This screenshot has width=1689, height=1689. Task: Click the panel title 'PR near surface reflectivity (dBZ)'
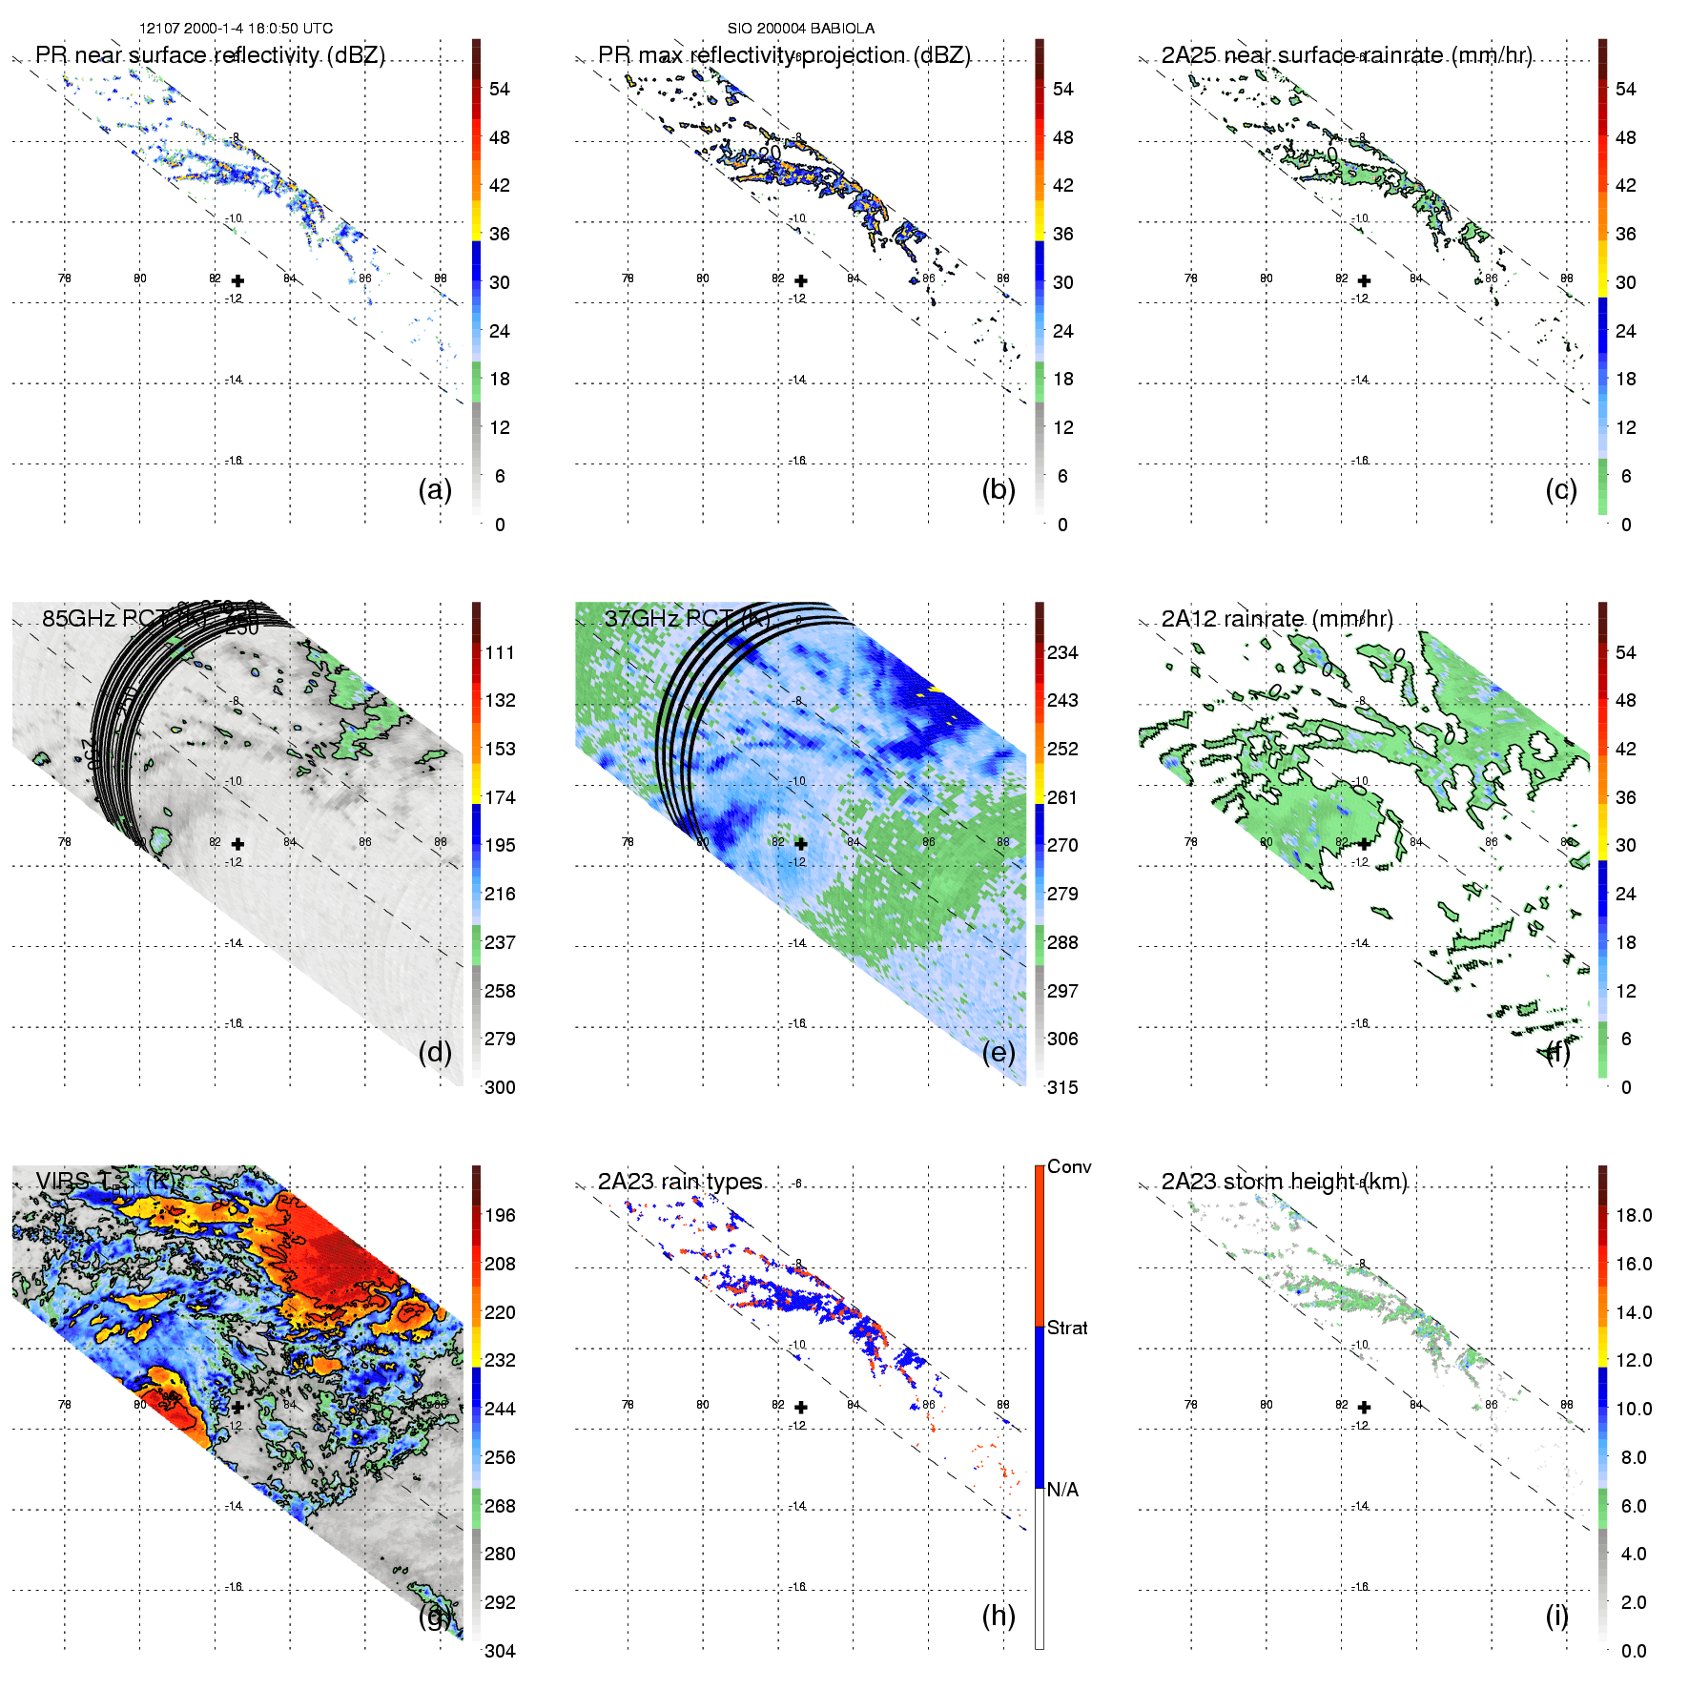pyautogui.click(x=210, y=55)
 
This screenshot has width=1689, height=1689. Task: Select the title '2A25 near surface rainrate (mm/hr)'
pyautogui.click(x=1346, y=55)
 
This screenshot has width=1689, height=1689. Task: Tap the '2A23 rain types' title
pyautogui.click(x=680, y=1182)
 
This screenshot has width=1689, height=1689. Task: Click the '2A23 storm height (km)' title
pyautogui.click(x=1284, y=1182)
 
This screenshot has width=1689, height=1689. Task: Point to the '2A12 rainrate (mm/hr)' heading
pyautogui.click(x=1277, y=619)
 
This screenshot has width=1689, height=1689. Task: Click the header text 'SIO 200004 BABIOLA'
pyautogui.click(x=800, y=29)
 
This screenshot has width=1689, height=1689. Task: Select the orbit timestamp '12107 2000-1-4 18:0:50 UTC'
pyautogui.click(x=236, y=29)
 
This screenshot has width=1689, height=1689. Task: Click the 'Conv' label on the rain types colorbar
pyautogui.click(x=1069, y=1166)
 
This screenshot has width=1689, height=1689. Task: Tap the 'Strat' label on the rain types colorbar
pyautogui.click(x=1067, y=1328)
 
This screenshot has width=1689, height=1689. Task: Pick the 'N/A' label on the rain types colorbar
pyautogui.click(x=1062, y=1490)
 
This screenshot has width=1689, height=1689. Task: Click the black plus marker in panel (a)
pyautogui.click(x=237, y=280)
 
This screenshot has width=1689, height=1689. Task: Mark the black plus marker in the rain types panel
pyautogui.click(x=801, y=1407)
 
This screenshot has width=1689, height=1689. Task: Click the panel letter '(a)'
pyautogui.click(x=435, y=489)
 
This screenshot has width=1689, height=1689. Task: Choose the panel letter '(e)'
pyautogui.click(x=999, y=1052)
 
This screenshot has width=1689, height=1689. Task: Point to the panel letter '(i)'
pyautogui.click(x=1556, y=1616)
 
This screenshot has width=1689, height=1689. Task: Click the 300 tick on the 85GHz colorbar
pyautogui.click(x=500, y=1087)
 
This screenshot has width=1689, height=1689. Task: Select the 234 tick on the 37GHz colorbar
pyautogui.click(x=1062, y=652)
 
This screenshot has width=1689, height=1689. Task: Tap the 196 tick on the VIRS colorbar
pyautogui.click(x=500, y=1215)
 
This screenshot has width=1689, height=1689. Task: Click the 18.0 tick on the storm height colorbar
pyautogui.click(x=1634, y=1215)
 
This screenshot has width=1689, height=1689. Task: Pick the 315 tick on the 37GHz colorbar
pyautogui.click(x=1062, y=1087)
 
